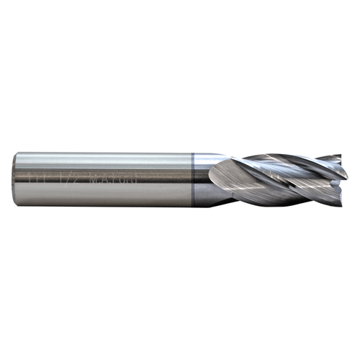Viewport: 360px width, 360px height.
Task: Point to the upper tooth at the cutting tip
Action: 333,160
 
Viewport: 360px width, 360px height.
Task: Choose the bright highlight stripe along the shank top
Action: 108,159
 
